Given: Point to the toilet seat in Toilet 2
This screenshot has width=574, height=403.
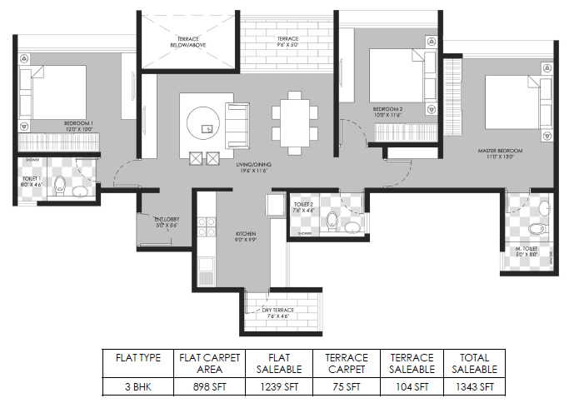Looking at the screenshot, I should tap(333, 221).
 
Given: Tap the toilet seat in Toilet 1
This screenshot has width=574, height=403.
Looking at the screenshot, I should tap(60, 187).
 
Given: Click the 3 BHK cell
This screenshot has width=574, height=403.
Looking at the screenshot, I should tap(138, 386).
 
